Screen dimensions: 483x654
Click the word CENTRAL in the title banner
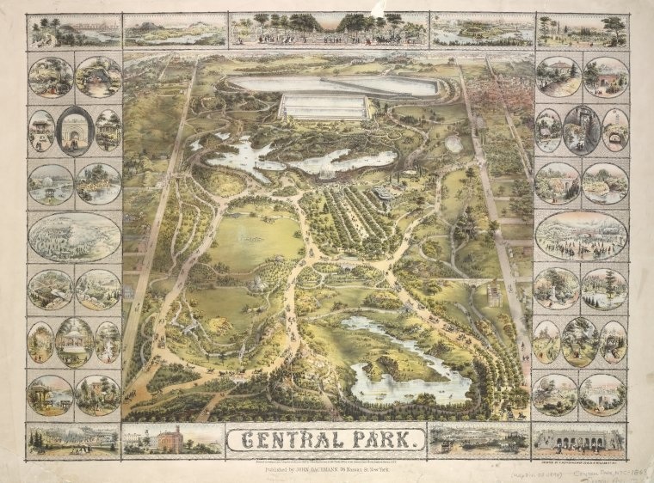click(x=293, y=442)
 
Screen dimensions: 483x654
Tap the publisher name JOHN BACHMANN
click(x=323, y=469)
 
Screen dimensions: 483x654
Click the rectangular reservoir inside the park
click(x=324, y=107)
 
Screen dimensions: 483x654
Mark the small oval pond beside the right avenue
click(x=453, y=144)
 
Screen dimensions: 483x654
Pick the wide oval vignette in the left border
click(x=74, y=236)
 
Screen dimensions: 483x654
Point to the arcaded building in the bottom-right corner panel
click(x=579, y=439)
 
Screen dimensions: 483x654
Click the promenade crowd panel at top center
click(x=327, y=29)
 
